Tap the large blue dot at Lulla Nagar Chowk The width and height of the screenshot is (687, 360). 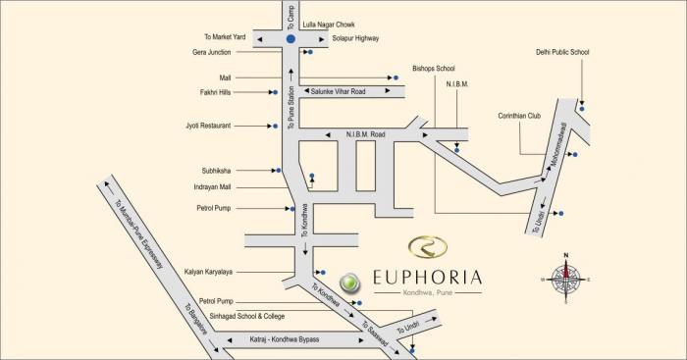click(291, 38)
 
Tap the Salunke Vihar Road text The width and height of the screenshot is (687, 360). click(339, 90)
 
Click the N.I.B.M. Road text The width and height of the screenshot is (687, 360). click(366, 134)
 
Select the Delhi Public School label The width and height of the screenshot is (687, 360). click(562, 53)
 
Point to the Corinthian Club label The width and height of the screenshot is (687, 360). click(519, 115)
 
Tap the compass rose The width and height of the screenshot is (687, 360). click(566, 280)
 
